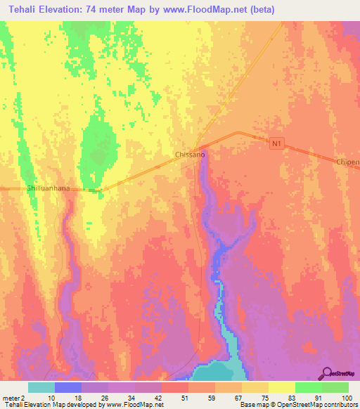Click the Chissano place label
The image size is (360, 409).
(189, 154)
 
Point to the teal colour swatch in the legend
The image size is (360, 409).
(41, 387)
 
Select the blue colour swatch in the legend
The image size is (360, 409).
(68, 387)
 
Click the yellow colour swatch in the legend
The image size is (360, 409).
(282, 387)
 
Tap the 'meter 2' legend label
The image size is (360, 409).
(13, 397)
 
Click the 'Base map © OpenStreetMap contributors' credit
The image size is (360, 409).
(296, 405)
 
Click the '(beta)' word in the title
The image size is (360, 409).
(262, 10)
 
